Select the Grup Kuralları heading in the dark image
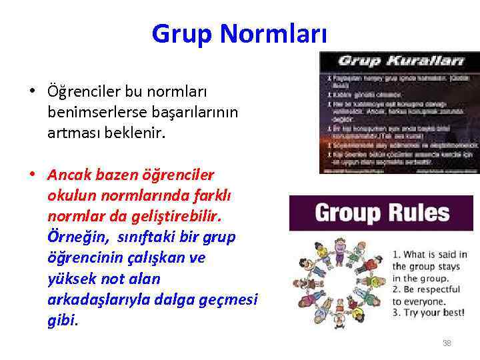click(x=400, y=60)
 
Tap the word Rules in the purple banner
click(x=420, y=213)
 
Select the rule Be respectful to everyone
click(x=427, y=295)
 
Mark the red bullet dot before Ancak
click(x=31, y=175)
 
